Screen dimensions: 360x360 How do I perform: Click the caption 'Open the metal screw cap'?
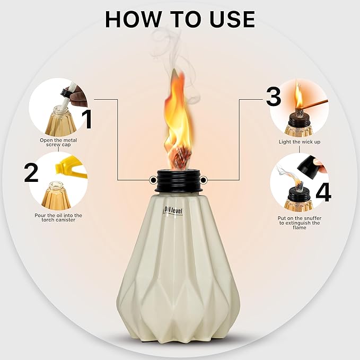point(58,143)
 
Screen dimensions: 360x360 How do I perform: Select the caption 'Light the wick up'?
point(299,142)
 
